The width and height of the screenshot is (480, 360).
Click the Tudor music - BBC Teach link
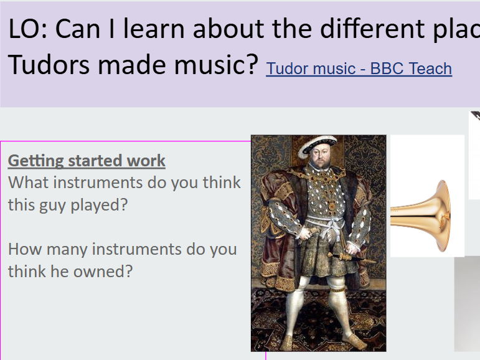pyautogui.click(x=359, y=69)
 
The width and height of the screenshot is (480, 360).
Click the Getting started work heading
pyautogui.click(x=87, y=161)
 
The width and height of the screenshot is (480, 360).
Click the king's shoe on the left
pyautogui.click(x=288, y=342)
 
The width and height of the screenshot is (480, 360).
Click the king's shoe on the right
pyautogui.click(x=354, y=339)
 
